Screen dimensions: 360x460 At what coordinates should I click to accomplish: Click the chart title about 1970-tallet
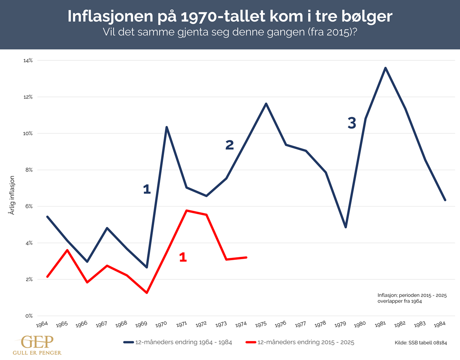click(x=230, y=16)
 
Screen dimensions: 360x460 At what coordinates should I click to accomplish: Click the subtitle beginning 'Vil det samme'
click(x=230, y=32)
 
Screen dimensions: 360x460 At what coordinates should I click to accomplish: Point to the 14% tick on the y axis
click(x=28, y=60)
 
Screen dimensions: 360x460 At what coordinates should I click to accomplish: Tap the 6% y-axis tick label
click(x=29, y=207)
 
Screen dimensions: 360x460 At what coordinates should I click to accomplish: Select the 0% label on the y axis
click(x=29, y=316)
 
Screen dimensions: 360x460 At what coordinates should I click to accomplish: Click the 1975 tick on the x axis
click(x=261, y=324)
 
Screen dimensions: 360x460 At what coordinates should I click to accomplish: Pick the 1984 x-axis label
click(x=440, y=324)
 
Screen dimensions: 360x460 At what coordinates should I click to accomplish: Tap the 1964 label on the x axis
click(x=42, y=324)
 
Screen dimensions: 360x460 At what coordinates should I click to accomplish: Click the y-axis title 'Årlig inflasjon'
click(x=12, y=195)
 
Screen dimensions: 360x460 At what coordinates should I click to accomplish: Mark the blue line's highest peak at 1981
click(x=385, y=68)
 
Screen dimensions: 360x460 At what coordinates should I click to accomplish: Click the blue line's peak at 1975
click(x=266, y=104)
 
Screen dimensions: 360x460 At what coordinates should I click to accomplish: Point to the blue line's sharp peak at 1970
click(x=166, y=127)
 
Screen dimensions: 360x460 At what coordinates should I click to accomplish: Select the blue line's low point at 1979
click(x=346, y=227)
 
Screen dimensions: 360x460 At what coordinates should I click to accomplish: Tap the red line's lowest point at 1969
click(x=146, y=293)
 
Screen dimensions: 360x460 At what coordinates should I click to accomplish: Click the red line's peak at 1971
click(x=186, y=210)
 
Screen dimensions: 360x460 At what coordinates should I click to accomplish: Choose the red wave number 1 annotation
click(x=183, y=257)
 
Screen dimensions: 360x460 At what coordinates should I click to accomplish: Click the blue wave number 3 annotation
click(x=352, y=123)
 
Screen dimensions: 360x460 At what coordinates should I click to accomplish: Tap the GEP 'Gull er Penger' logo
click(x=37, y=345)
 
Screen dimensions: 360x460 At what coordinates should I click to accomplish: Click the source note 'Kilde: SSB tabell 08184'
click(x=421, y=343)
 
